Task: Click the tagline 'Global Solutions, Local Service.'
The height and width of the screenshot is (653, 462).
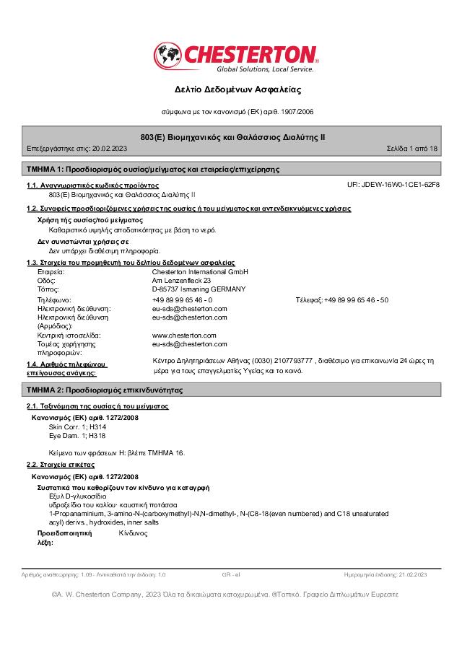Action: pyautogui.click(x=265, y=69)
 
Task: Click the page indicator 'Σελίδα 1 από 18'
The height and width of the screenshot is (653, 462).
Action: pyautogui.click(x=412, y=149)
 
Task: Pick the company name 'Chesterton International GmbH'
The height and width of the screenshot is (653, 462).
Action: pyautogui.click(x=200, y=272)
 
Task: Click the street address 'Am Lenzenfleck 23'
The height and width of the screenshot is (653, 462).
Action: pyautogui.click(x=181, y=281)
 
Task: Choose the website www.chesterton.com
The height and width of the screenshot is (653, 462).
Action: pyautogui.click(x=184, y=336)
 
